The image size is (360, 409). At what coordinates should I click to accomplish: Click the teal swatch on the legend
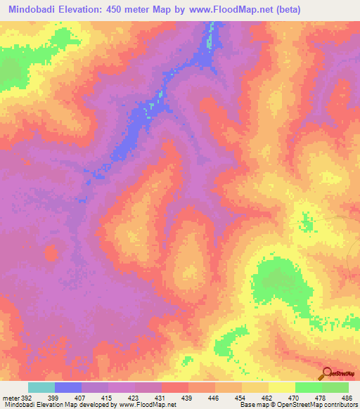tap(41, 387)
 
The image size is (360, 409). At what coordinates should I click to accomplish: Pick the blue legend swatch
tap(68, 387)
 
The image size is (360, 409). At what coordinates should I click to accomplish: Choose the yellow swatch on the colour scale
tap(282, 387)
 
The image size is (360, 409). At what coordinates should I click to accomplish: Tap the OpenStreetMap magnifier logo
tap(325, 374)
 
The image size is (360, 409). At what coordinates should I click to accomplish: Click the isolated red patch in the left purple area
tap(51, 252)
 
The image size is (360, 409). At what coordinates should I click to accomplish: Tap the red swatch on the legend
tap(175, 387)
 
